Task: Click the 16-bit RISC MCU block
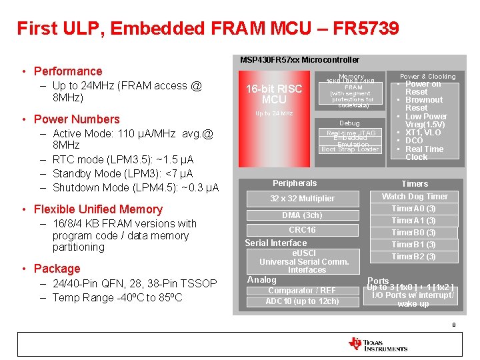[x=274, y=94]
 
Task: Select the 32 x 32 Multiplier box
[x=302, y=199]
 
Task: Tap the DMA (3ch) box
[x=302, y=215]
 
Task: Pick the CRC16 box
[x=302, y=230]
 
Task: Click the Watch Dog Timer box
[x=414, y=197]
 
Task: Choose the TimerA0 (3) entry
[x=413, y=209]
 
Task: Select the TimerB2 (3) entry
[x=413, y=257]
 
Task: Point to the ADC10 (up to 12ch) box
[x=302, y=301]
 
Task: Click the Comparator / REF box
[x=302, y=291]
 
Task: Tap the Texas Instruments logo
[x=377, y=344]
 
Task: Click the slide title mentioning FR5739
[x=208, y=29]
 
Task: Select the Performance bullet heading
[x=68, y=71]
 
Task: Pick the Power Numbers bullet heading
[x=77, y=119]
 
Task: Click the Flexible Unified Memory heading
[x=98, y=209]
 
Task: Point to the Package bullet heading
[x=57, y=269]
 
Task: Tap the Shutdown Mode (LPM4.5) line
[x=135, y=187]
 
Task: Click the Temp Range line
[x=117, y=297]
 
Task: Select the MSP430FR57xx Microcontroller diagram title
[x=299, y=60]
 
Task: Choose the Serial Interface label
[x=276, y=243]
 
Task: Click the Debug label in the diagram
[x=349, y=123]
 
